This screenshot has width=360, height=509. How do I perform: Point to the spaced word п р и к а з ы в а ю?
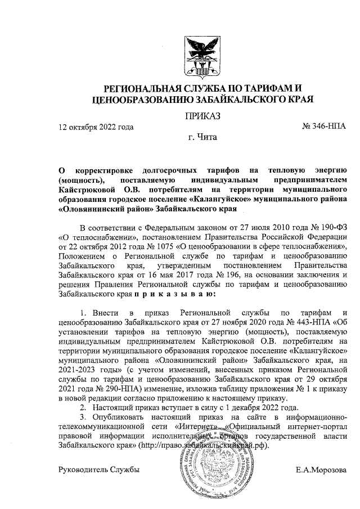[178, 293]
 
